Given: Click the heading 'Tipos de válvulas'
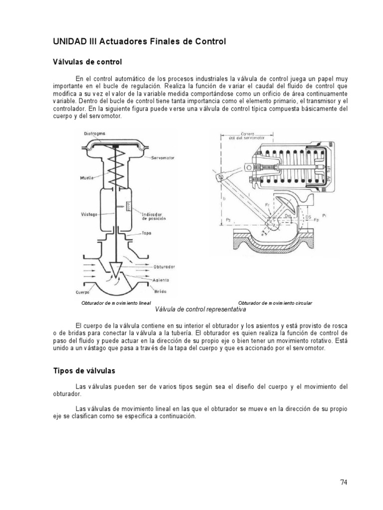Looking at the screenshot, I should [84, 371].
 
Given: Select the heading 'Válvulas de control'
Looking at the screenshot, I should [87, 62].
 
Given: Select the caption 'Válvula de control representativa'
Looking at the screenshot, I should [201, 309].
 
